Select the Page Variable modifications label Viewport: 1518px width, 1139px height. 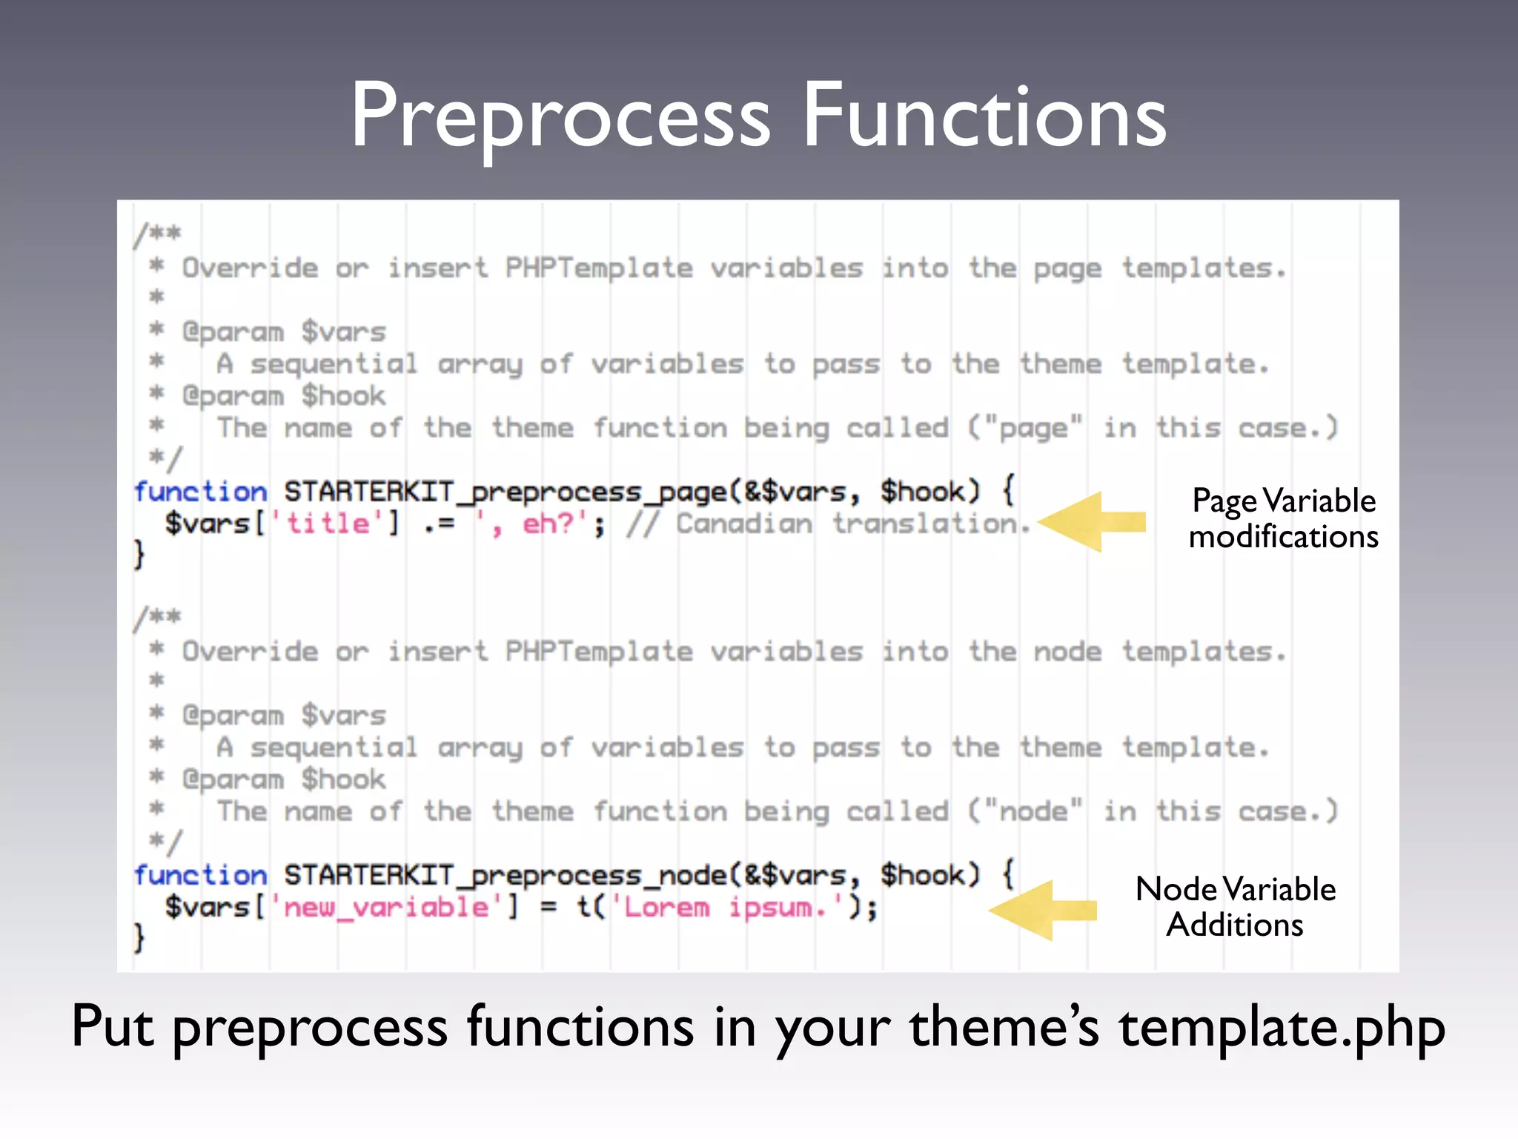point(1283,518)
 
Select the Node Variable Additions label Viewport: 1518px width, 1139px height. point(1236,907)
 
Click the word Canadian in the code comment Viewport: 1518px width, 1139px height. point(744,524)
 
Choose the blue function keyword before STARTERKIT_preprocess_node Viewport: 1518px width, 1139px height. point(200,876)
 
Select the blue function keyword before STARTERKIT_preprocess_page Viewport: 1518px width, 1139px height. point(200,492)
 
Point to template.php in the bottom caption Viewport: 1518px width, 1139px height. point(1282,1029)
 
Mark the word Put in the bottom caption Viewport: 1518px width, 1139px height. point(113,1027)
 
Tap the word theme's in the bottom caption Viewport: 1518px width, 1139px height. point(1004,1027)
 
